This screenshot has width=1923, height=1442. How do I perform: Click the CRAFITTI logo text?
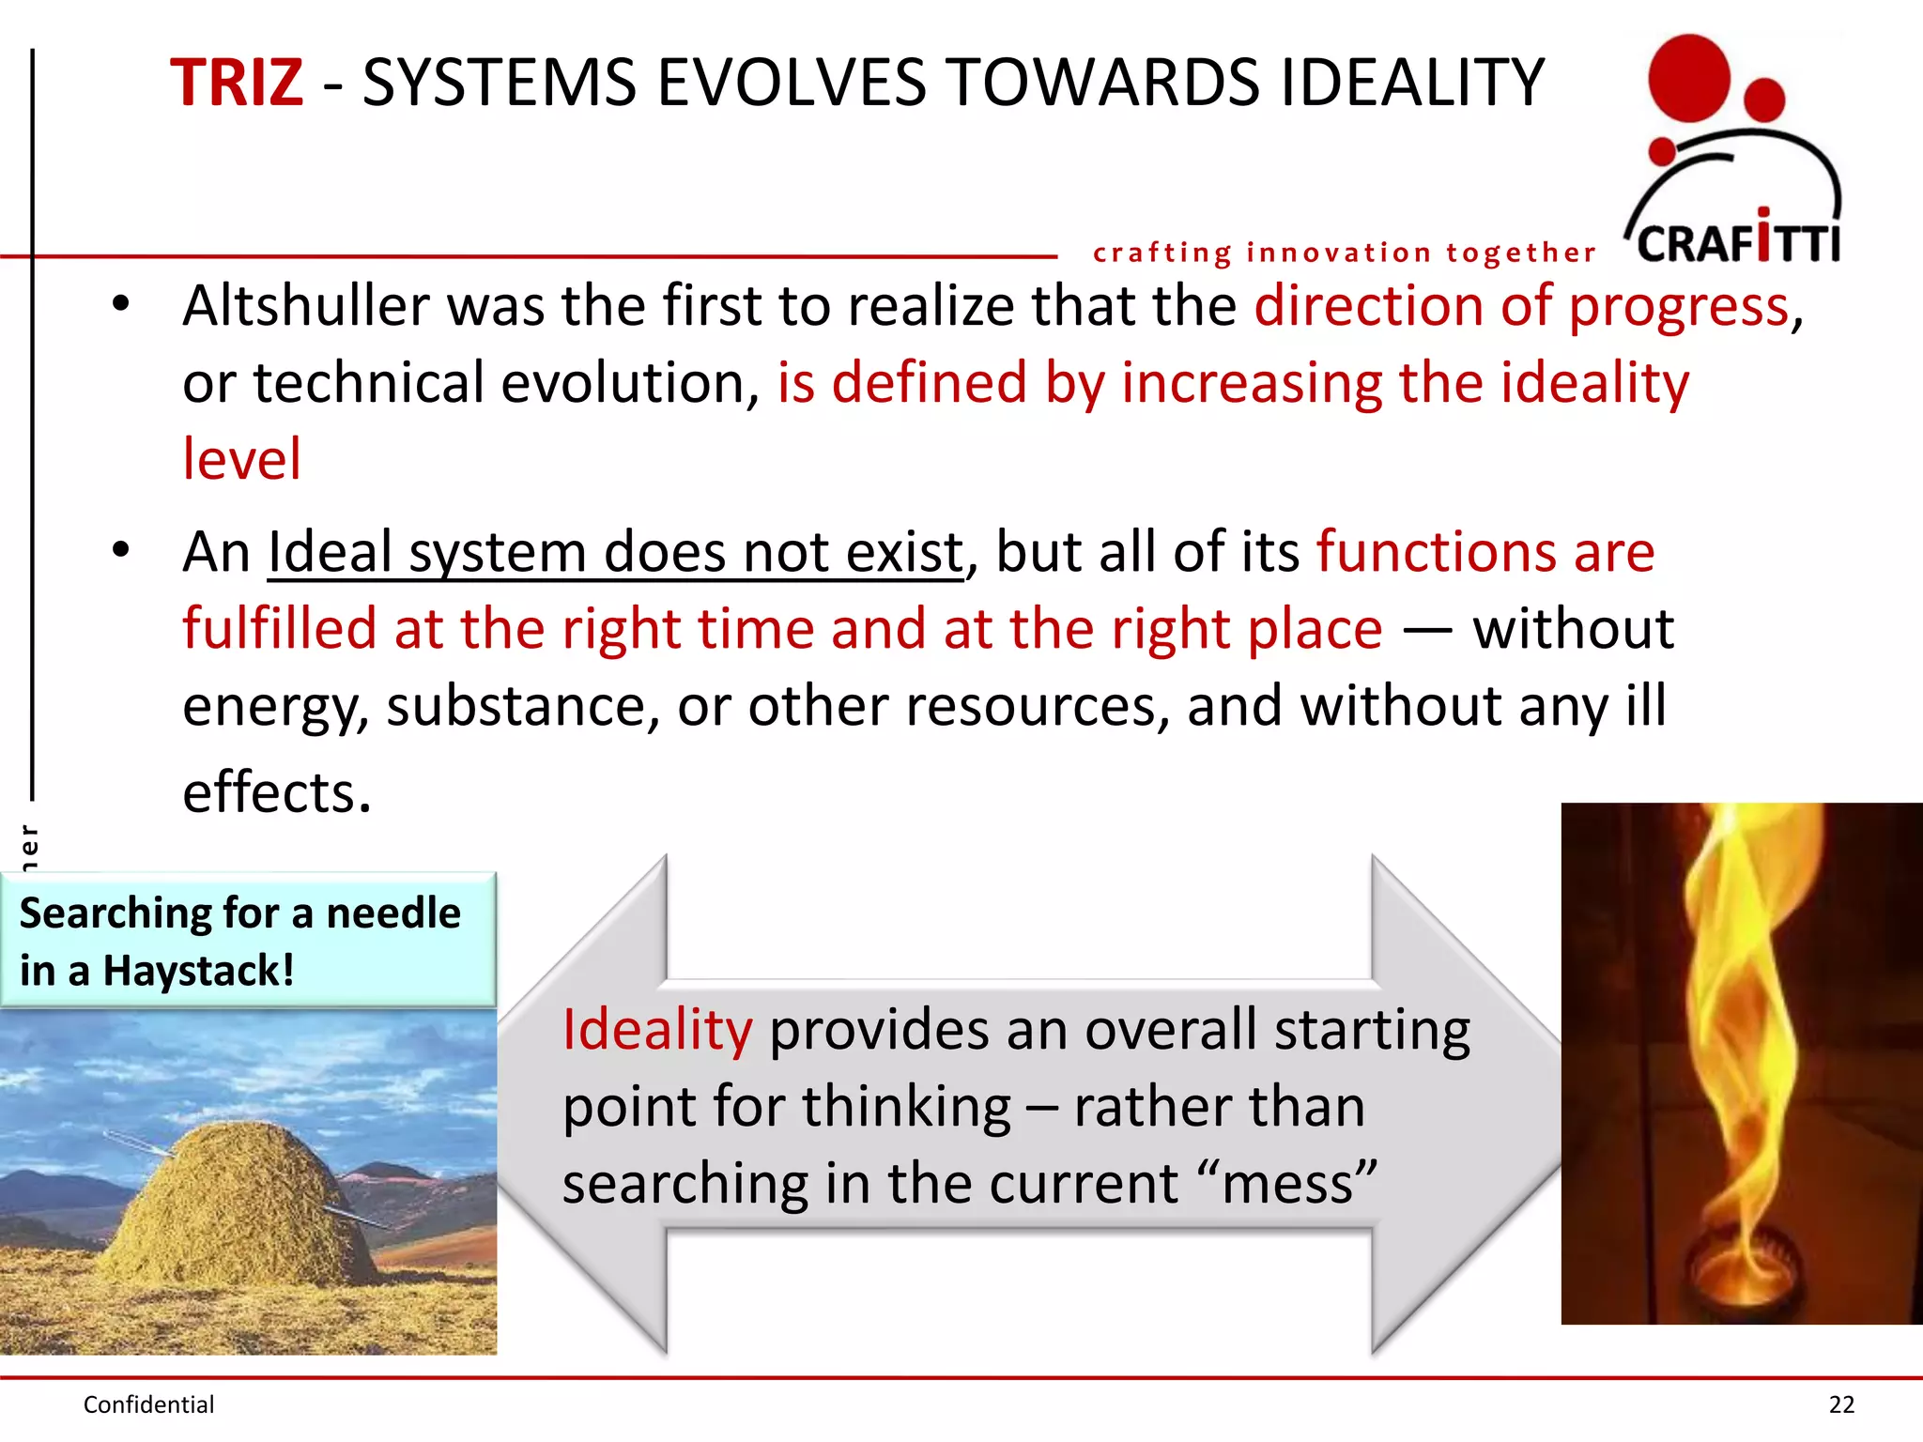[x=1738, y=242]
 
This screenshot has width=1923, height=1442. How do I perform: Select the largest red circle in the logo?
[x=1688, y=79]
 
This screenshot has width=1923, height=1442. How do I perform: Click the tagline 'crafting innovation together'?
[x=1344, y=253]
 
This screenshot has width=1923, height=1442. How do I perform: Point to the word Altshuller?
[x=301, y=306]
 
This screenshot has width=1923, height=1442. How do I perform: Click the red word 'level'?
[x=242, y=459]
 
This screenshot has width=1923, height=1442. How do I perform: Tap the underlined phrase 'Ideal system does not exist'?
[x=615, y=552]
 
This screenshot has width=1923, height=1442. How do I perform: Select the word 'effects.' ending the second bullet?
[x=277, y=791]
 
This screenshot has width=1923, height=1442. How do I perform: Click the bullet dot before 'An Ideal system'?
[x=120, y=550]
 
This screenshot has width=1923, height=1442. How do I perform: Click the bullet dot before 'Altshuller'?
[x=120, y=304]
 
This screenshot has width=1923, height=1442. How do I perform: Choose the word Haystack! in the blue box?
[x=198, y=971]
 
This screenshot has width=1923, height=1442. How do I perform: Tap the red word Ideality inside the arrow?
[x=657, y=1030]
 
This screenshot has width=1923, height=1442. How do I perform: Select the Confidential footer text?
[x=148, y=1404]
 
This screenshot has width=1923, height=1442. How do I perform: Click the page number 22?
[x=1841, y=1404]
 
